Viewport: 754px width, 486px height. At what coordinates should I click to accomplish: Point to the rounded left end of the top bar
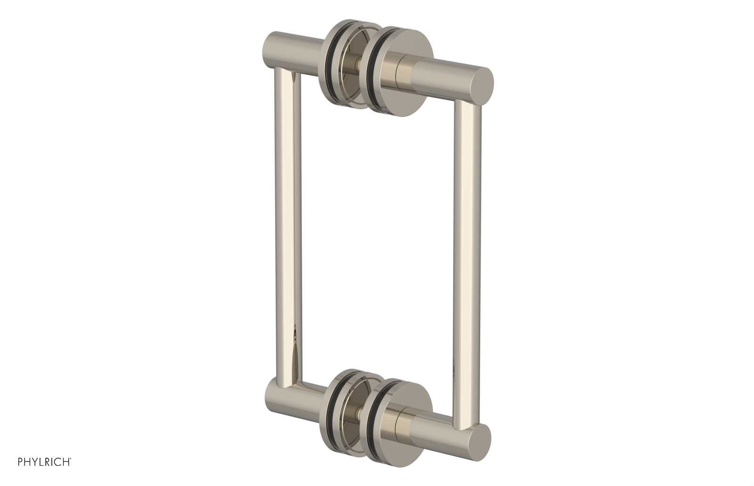270,49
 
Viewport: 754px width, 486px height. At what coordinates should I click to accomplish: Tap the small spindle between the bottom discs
359,410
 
